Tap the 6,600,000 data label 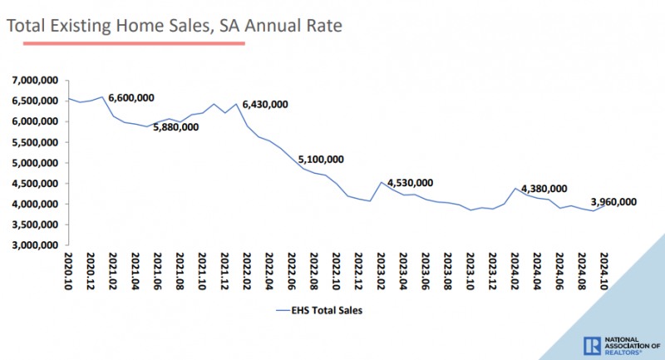click(131, 97)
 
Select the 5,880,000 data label click(175, 127)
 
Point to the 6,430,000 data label click(264, 104)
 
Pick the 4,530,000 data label click(410, 183)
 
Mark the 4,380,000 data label click(544, 189)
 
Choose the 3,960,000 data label click(613, 201)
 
